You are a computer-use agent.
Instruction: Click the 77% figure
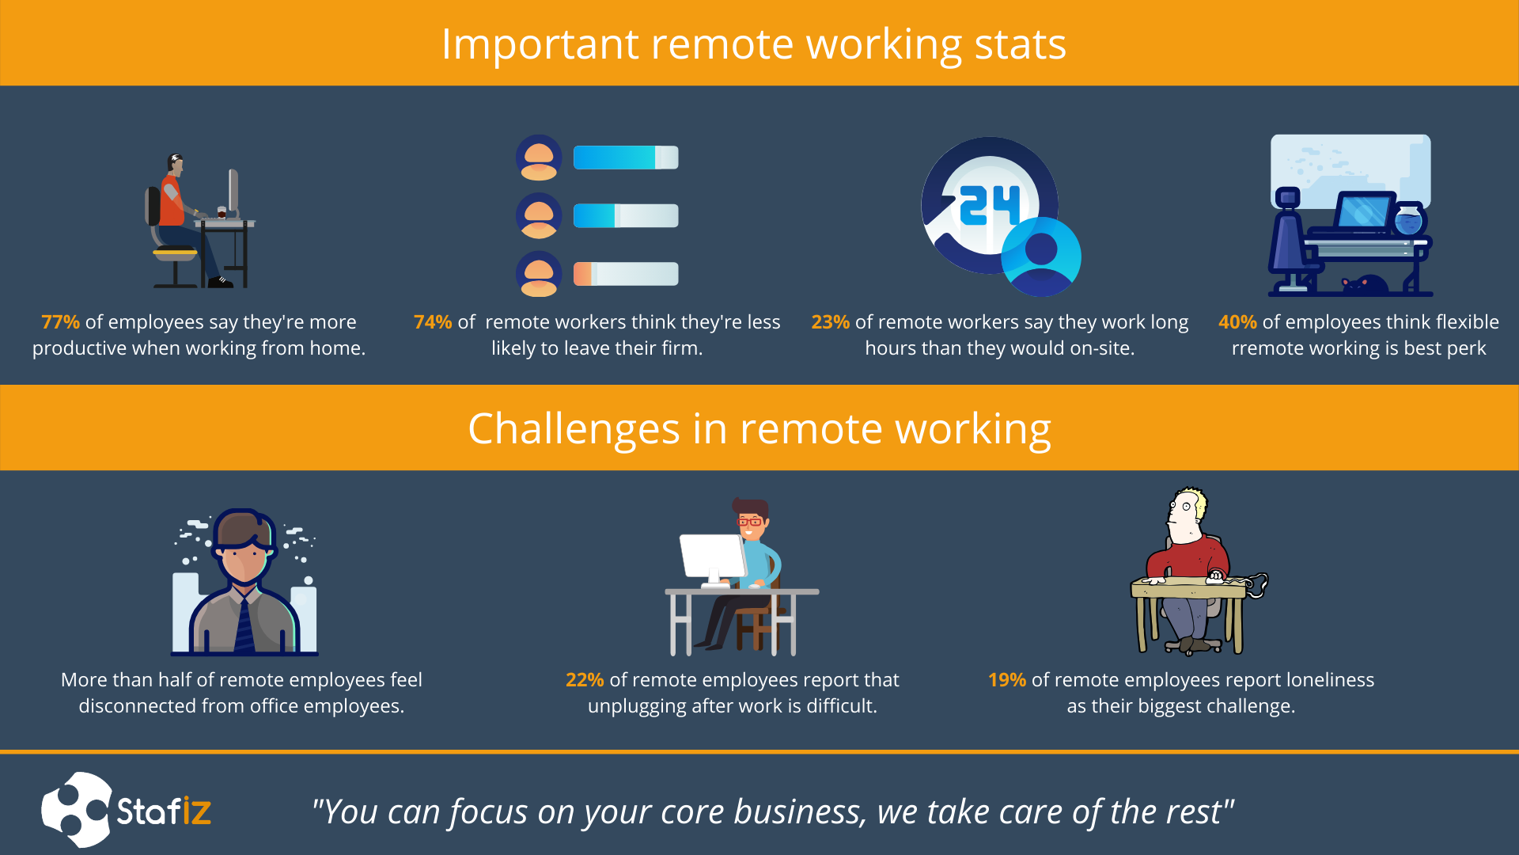click(x=60, y=322)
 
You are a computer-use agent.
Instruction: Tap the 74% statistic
click(x=433, y=322)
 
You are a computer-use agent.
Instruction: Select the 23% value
click(x=830, y=322)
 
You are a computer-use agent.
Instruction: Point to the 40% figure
click(x=1237, y=322)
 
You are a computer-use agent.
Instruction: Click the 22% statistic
click(x=585, y=680)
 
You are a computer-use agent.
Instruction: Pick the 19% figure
click(x=1006, y=680)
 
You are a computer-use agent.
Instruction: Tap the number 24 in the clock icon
click(x=989, y=206)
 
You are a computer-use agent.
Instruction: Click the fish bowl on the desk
click(x=1408, y=219)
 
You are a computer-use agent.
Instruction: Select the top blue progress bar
click(x=625, y=158)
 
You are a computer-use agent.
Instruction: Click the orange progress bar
click(x=582, y=274)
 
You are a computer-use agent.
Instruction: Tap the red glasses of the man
click(x=749, y=522)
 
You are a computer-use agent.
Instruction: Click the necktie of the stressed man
click(x=245, y=625)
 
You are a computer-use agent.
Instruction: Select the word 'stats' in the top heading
click(x=1020, y=44)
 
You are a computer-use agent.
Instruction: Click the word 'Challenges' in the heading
click(x=574, y=430)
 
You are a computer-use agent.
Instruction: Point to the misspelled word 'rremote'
click(x=1275, y=348)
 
